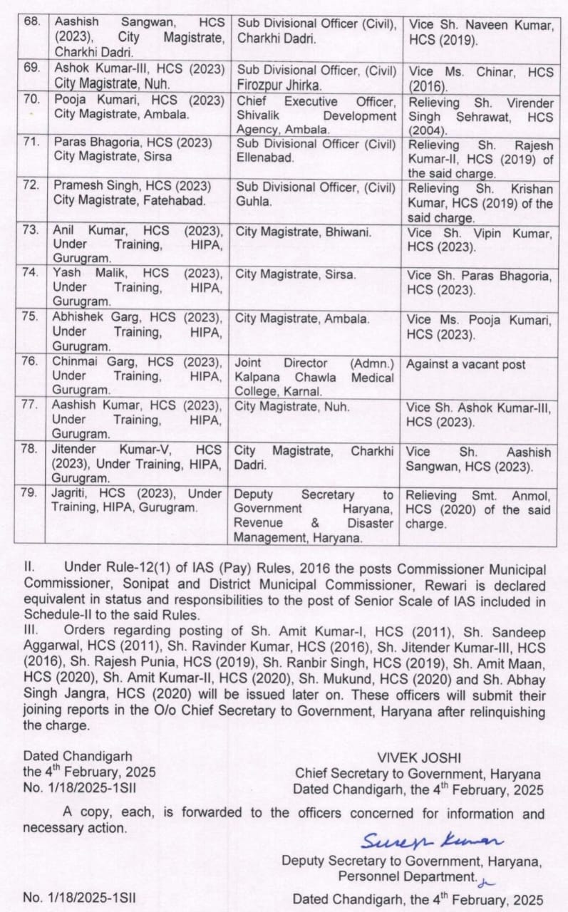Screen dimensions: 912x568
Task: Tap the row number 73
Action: (x=30, y=230)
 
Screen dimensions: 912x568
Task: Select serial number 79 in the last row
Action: (x=30, y=494)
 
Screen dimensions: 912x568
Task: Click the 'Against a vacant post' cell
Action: (x=465, y=364)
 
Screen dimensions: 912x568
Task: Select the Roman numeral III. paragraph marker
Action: (x=31, y=630)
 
